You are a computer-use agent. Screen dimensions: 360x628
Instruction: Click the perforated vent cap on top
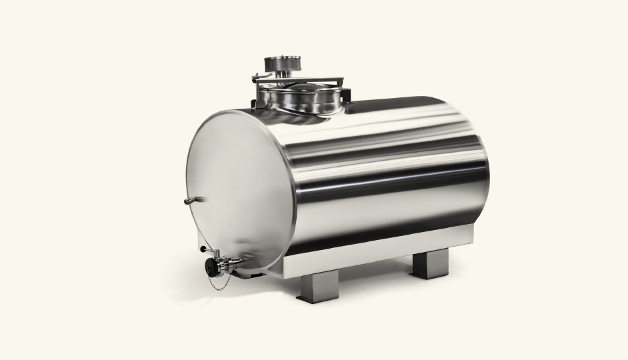click(283, 64)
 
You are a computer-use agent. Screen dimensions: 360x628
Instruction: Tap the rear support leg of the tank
click(425, 264)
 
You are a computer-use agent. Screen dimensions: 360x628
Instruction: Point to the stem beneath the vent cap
click(283, 76)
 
